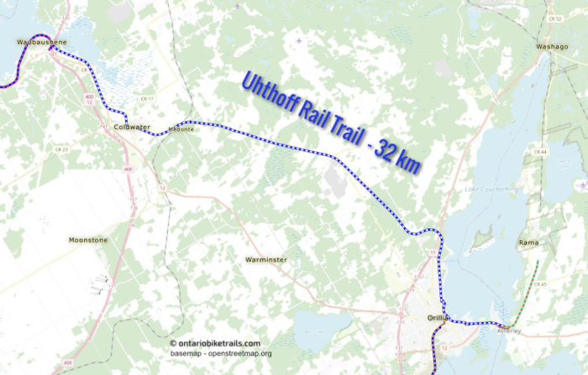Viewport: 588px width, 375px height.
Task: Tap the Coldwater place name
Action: pos(132,127)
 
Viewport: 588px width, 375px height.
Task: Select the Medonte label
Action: pos(181,129)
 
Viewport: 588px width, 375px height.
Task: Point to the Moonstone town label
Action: pos(88,240)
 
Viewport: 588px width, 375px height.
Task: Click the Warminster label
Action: pos(266,260)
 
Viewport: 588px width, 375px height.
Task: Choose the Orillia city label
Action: pos(438,318)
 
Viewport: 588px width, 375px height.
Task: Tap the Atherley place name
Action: pos(509,331)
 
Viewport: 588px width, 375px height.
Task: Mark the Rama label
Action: pos(528,243)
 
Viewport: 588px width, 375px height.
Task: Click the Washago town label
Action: pos(553,47)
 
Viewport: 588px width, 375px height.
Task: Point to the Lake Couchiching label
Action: pos(491,190)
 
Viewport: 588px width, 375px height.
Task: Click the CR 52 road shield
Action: pos(554,18)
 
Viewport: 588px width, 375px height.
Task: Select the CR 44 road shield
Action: pos(539,152)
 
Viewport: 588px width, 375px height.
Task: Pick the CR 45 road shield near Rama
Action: pos(540,285)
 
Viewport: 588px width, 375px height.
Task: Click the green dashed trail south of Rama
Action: pos(527,294)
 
